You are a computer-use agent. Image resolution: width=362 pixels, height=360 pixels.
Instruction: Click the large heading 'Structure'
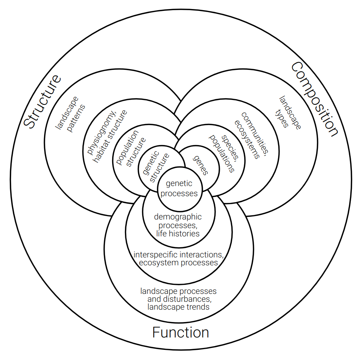click(x=43, y=101)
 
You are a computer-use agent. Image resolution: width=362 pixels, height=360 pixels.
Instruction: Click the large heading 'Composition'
click(x=315, y=99)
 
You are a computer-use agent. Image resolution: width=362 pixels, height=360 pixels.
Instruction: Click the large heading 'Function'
click(x=181, y=332)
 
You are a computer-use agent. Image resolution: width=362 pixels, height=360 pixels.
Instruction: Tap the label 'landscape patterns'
click(x=70, y=114)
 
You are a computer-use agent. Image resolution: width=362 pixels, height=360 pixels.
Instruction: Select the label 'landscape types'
click(x=288, y=112)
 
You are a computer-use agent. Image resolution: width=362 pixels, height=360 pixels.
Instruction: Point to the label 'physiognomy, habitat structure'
click(x=107, y=136)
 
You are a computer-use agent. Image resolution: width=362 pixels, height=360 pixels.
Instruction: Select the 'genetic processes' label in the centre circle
click(x=179, y=188)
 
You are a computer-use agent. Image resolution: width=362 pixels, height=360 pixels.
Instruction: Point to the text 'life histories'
click(x=178, y=233)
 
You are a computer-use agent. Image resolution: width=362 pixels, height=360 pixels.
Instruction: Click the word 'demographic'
click(x=178, y=217)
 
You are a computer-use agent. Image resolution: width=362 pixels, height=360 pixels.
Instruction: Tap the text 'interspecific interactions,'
click(x=178, y=255)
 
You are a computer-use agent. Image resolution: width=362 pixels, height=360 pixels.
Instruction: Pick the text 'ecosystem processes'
click(x=178, y=263)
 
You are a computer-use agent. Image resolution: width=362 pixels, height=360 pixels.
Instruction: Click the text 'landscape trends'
click(x=178, y=307)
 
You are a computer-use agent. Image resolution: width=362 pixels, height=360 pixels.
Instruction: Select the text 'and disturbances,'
click(x=179, y=299)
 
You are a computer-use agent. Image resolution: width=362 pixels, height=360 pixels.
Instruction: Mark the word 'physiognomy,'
click(x=102, y=133)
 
